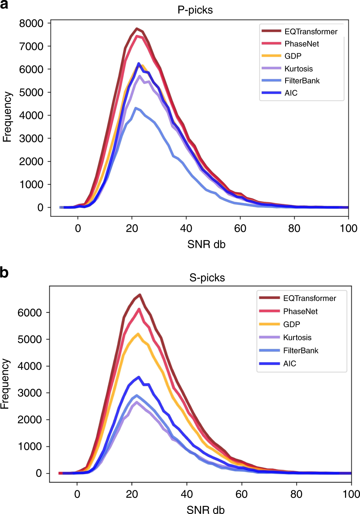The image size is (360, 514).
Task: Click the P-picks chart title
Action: click(x=195, y=10)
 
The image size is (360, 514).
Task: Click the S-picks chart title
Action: click(x=207, y=278)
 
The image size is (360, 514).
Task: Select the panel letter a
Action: click(x=5, y=5)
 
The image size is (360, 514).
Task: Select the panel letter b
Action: click(x=5, y=273)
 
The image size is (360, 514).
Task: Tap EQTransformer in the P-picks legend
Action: click(x=311, y=32)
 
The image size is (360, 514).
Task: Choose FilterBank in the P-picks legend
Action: click(x=302, y=81)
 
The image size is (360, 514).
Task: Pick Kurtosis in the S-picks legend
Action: click(x=297, y=338)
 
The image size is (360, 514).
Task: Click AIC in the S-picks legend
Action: click(x=289, y=363)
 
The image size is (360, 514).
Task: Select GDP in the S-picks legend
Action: click(x=291, y=324)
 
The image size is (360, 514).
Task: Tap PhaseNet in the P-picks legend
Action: click(x=301, y=44)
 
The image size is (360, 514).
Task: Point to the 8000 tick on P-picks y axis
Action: click(x=31, y=23)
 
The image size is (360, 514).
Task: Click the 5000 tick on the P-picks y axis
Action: click(x=31, y=92)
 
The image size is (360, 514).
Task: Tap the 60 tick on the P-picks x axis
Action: click(x=240, y=228)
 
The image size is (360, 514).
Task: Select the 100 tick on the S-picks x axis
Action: click(x=351, y=494)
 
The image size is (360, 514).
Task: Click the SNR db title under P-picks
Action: click(x=206, y=244)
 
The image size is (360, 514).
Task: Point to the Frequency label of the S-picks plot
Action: click(x=5, y=384)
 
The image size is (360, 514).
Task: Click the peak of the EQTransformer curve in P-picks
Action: click(x=137, y=29)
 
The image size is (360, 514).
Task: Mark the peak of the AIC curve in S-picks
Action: click(x=139, y=377)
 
